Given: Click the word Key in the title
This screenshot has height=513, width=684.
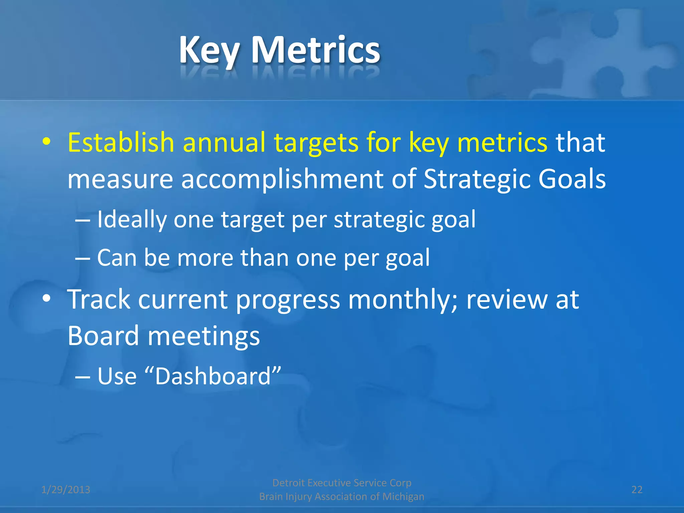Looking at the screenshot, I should click(209, 50).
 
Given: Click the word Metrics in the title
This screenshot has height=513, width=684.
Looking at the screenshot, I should click(315, 50).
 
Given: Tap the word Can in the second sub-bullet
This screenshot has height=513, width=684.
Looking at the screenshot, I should click(117, 258).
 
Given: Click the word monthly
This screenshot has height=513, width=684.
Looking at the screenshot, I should click(402, 300).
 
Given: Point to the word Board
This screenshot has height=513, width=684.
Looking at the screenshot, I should click(103, 336).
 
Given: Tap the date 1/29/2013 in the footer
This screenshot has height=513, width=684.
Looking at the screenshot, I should click(66, 490).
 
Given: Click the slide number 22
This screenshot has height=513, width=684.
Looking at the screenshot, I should click(637, 490).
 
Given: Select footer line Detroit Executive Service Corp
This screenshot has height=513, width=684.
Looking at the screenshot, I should click(342, 483).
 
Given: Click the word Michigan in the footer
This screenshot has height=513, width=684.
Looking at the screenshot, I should click(403, 497).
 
